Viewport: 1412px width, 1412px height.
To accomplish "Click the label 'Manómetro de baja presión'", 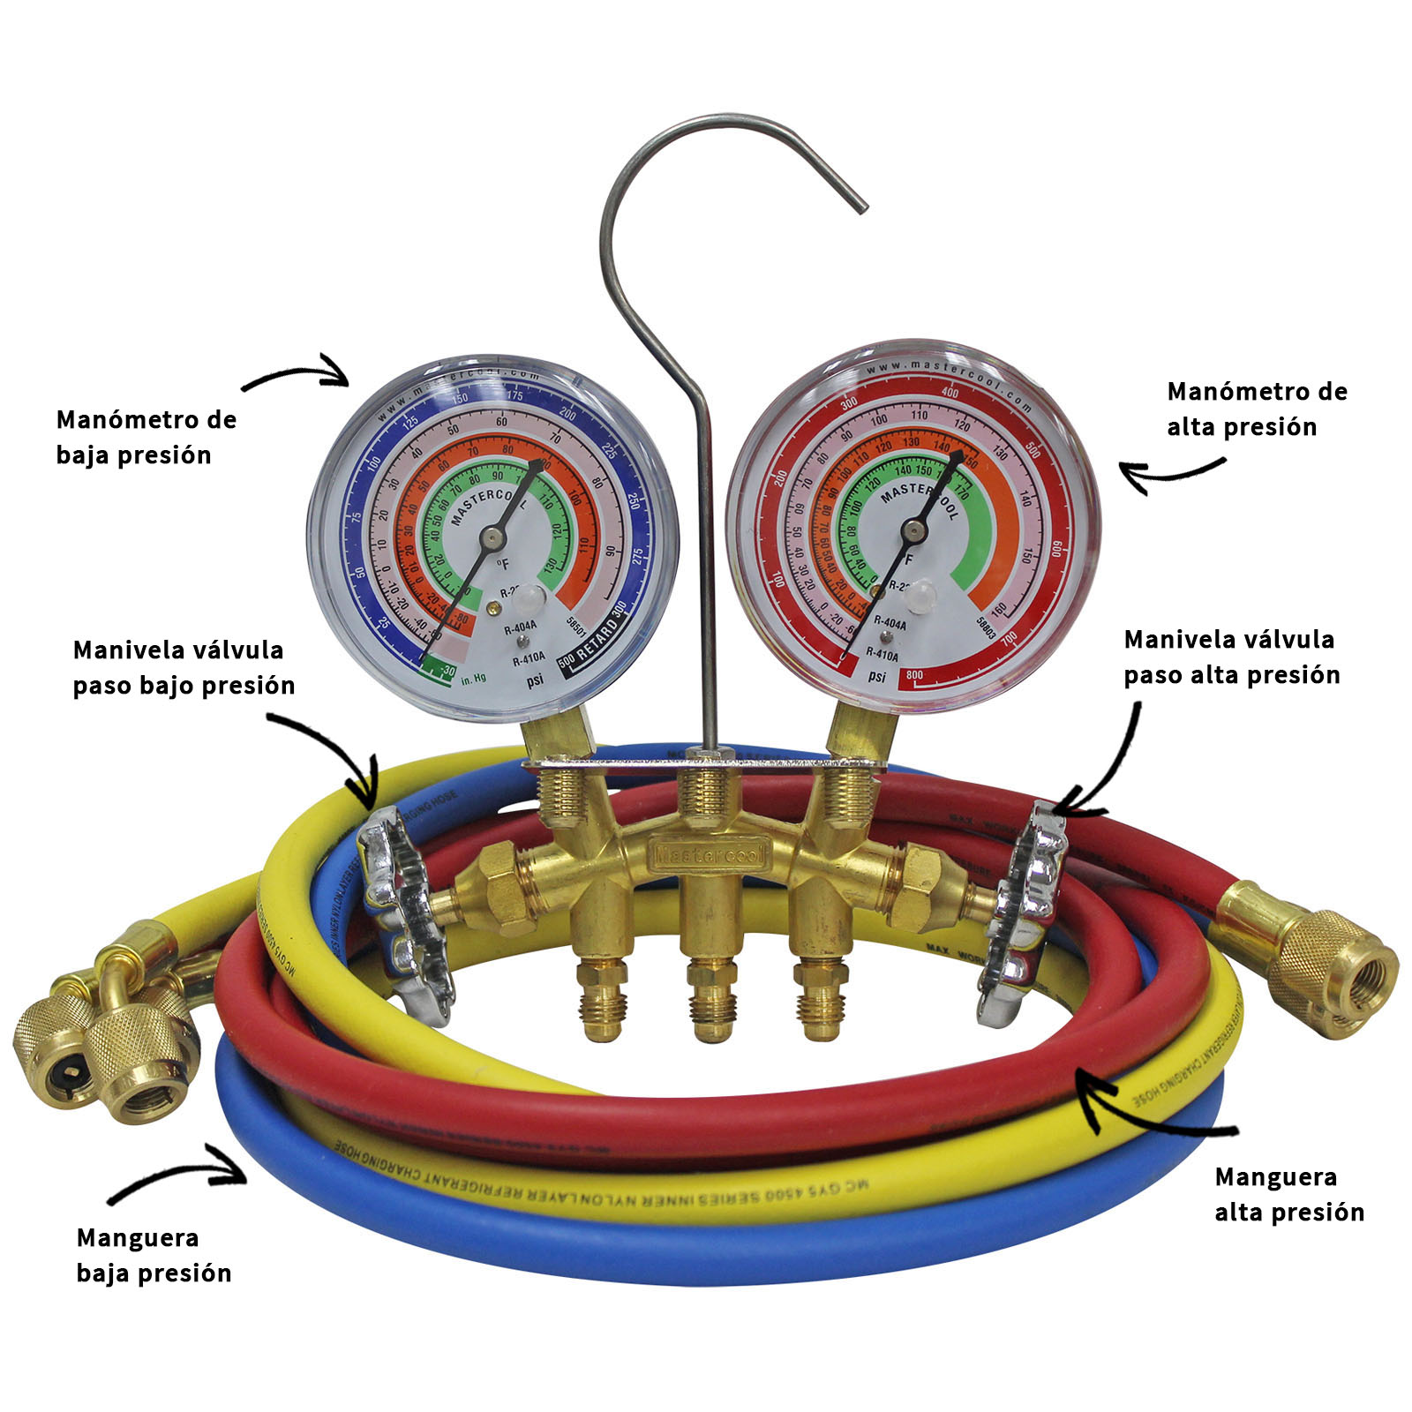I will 146,437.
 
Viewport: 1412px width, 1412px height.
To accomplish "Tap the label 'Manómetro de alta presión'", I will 1256,409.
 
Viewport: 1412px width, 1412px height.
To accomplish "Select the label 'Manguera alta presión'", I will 1288,1194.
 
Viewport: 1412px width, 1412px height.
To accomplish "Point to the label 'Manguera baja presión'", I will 154,1255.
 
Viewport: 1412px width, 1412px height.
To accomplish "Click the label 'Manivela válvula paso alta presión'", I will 1231,657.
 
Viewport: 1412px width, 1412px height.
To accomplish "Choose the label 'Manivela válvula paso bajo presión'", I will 184,667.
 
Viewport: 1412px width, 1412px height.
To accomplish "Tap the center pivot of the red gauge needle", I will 913,529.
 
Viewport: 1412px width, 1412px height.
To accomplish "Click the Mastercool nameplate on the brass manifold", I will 710,853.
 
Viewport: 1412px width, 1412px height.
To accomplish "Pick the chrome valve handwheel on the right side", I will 1024,913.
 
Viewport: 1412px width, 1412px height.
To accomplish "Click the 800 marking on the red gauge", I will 914,675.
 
